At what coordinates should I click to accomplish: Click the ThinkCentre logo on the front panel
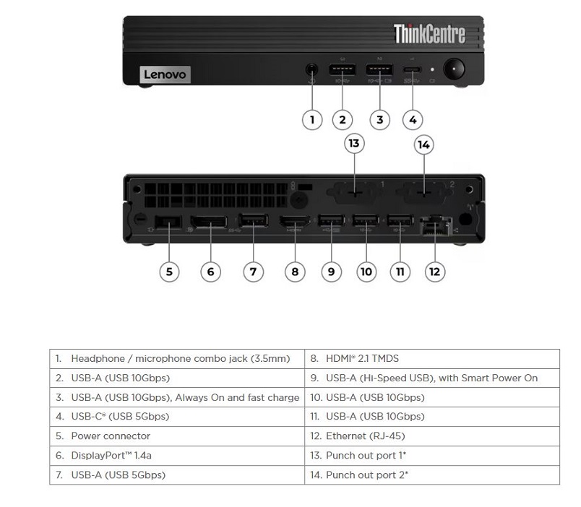(429, 33)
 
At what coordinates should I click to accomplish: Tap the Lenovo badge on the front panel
(165, 74)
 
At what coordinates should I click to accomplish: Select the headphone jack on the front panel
(311, 71)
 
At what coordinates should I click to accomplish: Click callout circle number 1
(311, 119)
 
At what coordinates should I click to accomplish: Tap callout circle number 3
(379, 119)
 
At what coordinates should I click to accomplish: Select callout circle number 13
(353, 144)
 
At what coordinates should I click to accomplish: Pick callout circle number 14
(423, 144)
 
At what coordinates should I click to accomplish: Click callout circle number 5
(169, 272)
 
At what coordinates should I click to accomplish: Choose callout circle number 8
(295, 272)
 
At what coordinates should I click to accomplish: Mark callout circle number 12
(434, 272)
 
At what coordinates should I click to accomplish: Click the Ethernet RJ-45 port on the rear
(434, 225)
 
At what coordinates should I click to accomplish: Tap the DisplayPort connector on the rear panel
(208, 225)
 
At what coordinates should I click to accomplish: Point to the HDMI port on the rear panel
(295, 225)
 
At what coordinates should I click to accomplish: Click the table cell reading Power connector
(177, 436)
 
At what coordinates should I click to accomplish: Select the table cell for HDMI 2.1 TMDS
(431, 359)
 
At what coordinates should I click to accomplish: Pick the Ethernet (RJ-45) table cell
(431, 436)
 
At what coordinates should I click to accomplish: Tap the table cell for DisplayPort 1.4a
(177, 456)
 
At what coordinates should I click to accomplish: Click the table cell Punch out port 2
(431, 474)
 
